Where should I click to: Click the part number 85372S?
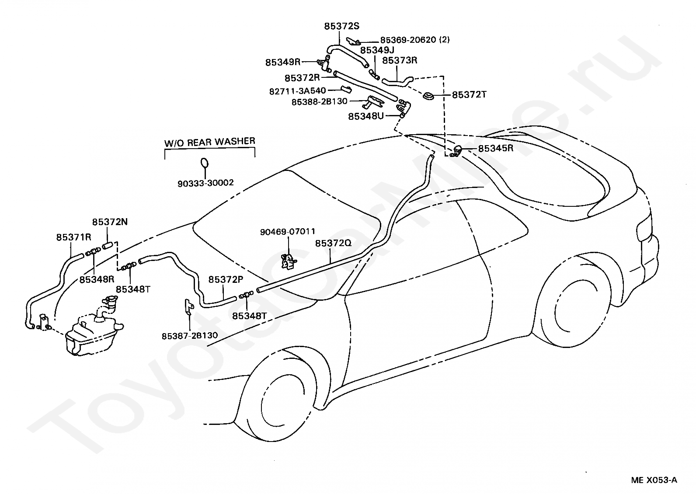[341, 26]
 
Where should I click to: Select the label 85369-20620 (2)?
[415, 40]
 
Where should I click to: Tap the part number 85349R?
[283, 62]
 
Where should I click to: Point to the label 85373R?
[400, 60]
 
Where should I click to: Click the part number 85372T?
[469, 94]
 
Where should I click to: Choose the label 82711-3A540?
[297, 91]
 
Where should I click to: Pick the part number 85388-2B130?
[319, 101]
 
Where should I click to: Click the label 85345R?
[496, 148]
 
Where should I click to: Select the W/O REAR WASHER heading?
[210, 142]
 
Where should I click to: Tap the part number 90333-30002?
[205, 183]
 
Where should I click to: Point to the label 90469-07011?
[287, 231]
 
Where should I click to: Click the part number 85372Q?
[333, 243]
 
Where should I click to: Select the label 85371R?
[73, 237]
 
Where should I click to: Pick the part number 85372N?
[110, 222]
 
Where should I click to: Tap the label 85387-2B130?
[190, 336]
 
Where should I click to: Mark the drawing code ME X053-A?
[654, 480]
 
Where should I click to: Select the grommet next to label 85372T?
[429, 96]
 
